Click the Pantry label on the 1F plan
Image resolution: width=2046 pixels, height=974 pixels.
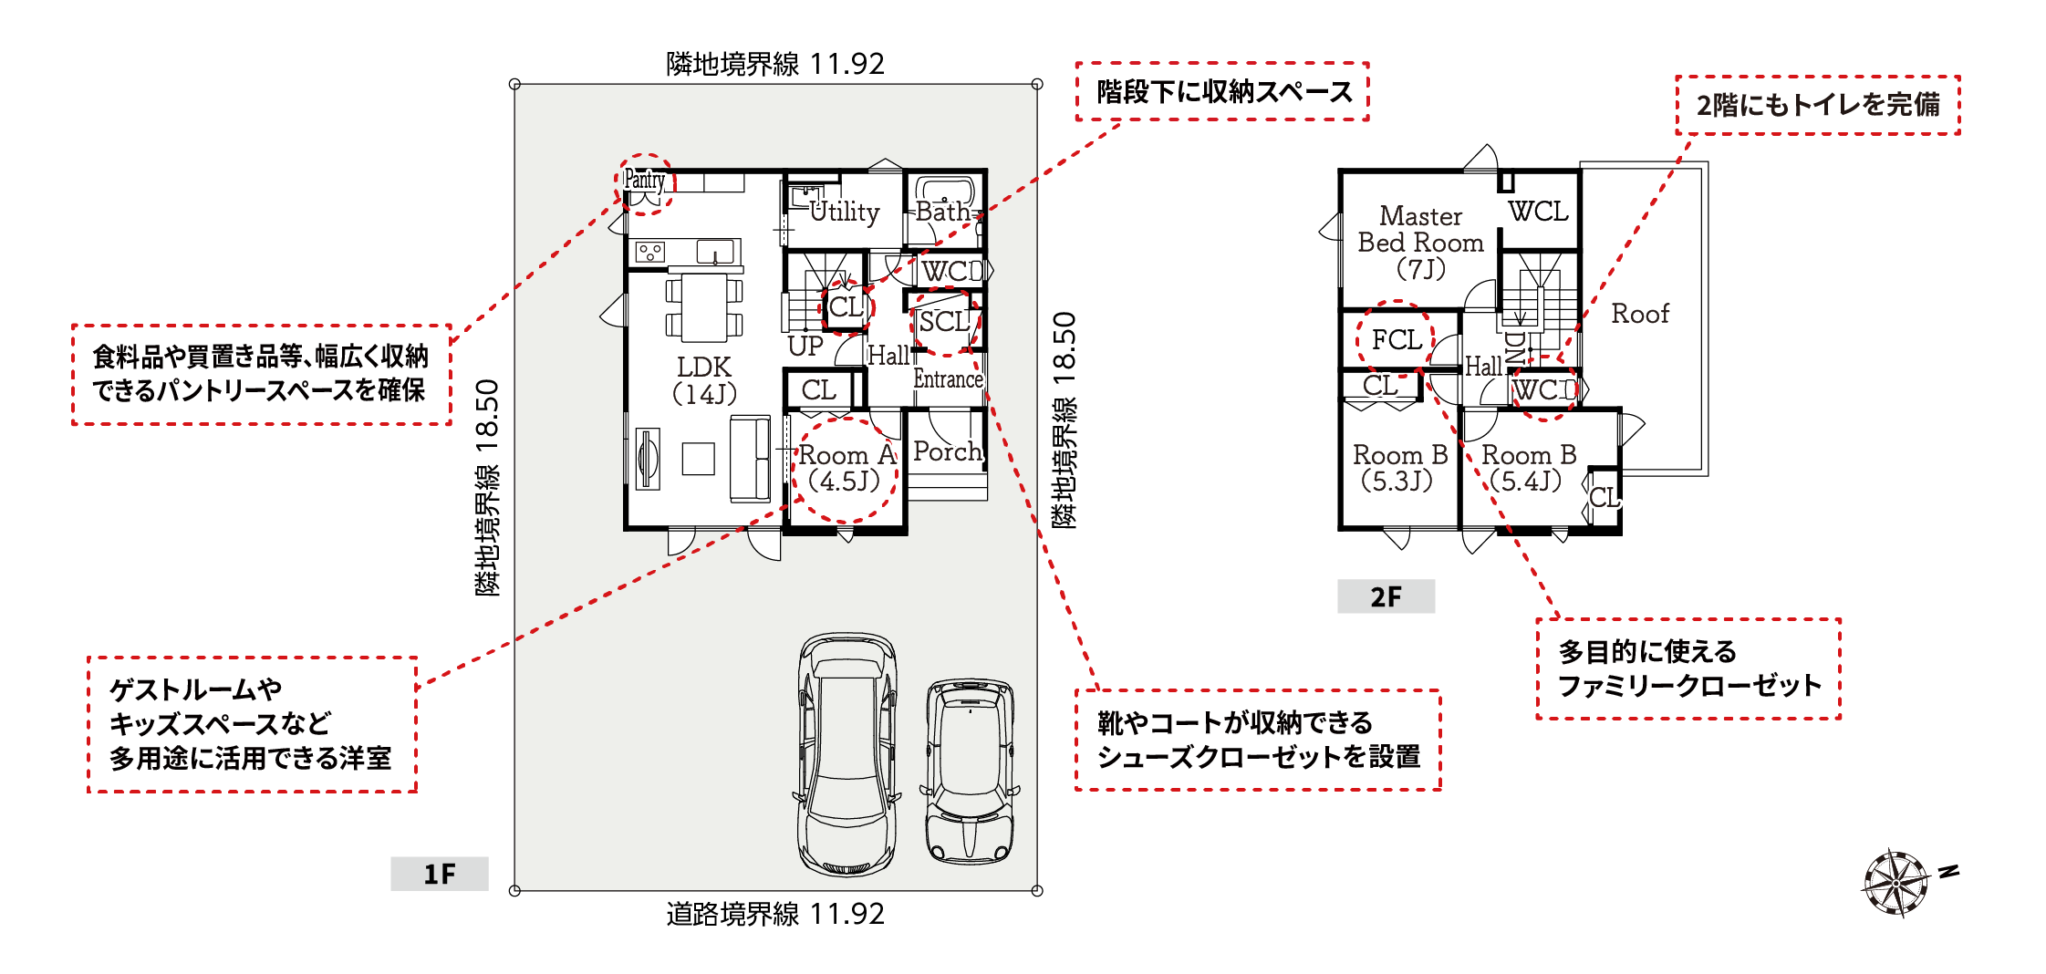coord(644,181)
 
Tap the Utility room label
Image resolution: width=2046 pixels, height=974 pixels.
coord(845,212)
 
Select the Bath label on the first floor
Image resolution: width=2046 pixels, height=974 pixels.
coord(943,212)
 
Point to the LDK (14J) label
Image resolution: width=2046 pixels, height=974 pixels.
coord(704,380)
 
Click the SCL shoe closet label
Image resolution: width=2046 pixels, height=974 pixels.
coord(944,322)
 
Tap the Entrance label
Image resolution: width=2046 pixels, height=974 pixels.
coord(949,379)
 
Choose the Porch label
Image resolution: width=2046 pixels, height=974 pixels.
coord(948,451)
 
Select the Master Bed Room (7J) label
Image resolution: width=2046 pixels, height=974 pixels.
coord(1420,243)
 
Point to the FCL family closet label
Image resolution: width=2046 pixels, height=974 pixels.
coord(1397,340)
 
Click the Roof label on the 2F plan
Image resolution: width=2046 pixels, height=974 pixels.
coord(1640,314)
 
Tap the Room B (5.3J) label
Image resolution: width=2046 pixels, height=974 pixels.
coord(1400,468)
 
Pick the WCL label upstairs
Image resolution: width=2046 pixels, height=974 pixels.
coord(1538,212)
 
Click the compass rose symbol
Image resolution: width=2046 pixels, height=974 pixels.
coord(1896,883)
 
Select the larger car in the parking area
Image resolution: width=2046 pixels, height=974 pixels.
coord(846,754)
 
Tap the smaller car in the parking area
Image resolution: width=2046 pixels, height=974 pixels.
coord(970,771)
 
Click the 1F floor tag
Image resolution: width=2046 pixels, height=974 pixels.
coord(440,874)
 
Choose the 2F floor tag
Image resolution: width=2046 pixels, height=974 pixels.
coord(1386,596)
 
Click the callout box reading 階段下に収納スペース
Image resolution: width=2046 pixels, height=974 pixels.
coord(1222,91)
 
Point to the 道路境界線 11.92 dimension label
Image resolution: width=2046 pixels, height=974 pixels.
coord(775,914)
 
